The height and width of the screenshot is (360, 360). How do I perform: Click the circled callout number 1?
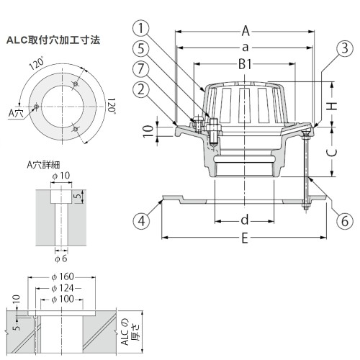coord(141,28)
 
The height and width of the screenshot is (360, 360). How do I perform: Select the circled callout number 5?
coord(141,48)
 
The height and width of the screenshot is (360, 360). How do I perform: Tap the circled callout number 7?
coord(141,69)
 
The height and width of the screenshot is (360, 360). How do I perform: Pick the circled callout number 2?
coord(141,89)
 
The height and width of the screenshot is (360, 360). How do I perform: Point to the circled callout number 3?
coord(345,48)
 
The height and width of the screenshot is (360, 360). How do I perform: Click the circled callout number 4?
coord(141,220)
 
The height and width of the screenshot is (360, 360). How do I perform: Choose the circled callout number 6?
coord(345,220)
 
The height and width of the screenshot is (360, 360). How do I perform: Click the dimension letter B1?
coord(245,64)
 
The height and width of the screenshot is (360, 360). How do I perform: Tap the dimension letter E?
coord(245,238)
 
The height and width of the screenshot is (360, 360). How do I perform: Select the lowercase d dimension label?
coord(245,220)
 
